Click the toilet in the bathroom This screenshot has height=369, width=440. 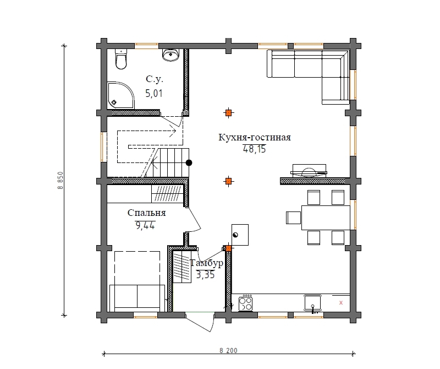(x=121, y=59)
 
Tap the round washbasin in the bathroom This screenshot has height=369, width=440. (x=170, y=55)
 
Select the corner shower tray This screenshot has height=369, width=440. (x=120, y=95)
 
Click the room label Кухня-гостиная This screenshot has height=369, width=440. (x=255, y=138)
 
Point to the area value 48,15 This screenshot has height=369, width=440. (x=254, y=149)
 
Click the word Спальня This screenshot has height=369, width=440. (x=146, y=213)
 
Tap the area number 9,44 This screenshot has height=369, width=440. (x=145, y=225)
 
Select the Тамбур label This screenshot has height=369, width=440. (x=207, y=263)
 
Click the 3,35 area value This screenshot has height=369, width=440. (x=205, y=274)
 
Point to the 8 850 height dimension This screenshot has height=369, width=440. (x=61, y=181)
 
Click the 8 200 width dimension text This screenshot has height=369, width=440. (x=228, y=350)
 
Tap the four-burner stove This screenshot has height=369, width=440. (x=245, y=303)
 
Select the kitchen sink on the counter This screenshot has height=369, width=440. (x=312, y=303)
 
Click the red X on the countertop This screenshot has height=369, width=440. (x=341, y=303)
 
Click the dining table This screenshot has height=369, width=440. (x=326, y=218)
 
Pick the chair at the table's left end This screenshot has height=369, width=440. (x=294, y=218)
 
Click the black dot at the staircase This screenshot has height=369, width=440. (x=189, y=162)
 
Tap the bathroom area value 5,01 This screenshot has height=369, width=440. (x=154, y=93)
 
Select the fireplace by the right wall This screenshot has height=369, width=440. (x=309, y=171)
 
